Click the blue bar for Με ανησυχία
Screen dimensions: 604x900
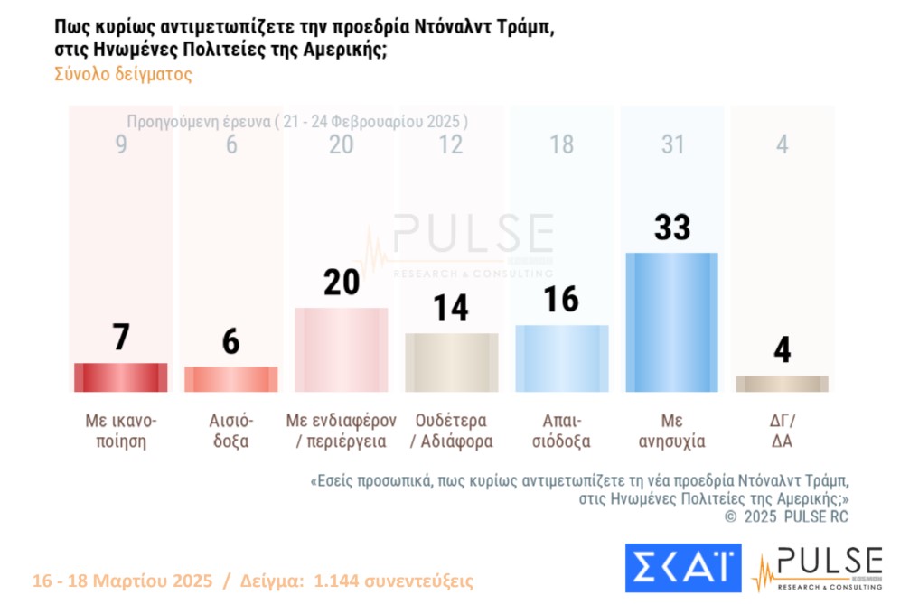click(x=671, y=322)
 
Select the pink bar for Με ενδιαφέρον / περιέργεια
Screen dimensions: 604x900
click(x=342, y=349)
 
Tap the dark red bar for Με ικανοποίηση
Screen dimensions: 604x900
click(x=120, y=377)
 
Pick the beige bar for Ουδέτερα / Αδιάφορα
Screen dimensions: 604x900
click(x=451, y=362)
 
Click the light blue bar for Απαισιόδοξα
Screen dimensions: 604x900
click(x=561, y=358)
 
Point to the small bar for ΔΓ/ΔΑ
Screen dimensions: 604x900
click(x=782, y=384)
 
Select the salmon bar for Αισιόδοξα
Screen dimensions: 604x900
click(x=230, y=379)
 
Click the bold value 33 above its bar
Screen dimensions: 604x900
click(x=672, y=228)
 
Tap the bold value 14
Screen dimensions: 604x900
click(x=450, y=308)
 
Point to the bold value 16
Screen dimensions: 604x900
click(x=561, y=299)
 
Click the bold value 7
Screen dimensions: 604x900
click(x=121, y=338)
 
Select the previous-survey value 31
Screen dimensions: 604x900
click(x=672, y=144)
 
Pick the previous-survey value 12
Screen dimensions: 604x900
click(x=450, y=144)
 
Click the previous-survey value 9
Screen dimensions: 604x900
click(x=121, y=144)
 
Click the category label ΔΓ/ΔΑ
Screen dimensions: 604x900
click(x=783, y=431)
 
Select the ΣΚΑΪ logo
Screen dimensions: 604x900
click(x=683, y=568)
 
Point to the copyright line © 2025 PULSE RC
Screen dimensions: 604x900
click(x=787, y=516)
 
